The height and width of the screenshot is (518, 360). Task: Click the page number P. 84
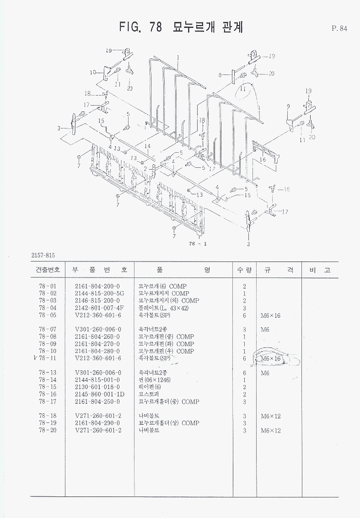[339, 28]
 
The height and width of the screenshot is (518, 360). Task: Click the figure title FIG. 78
[140, 27]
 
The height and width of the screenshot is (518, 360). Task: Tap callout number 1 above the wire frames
[178, 57]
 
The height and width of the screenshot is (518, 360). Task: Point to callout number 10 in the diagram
[93, 72]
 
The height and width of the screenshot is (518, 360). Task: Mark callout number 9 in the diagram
[288, 107]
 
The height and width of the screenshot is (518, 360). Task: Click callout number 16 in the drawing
[263, 160]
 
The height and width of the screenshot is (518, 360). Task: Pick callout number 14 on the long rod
[147, 146]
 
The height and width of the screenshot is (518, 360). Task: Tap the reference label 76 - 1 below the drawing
[198, 244]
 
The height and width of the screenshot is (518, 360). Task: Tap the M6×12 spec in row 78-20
[271, 431]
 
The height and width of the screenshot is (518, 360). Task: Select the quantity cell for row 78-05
[245, 315]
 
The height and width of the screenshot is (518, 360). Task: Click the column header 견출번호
[48, 270]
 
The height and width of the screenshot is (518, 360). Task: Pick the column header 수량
[244, 270]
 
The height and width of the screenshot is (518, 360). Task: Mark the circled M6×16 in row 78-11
[271, 359]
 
